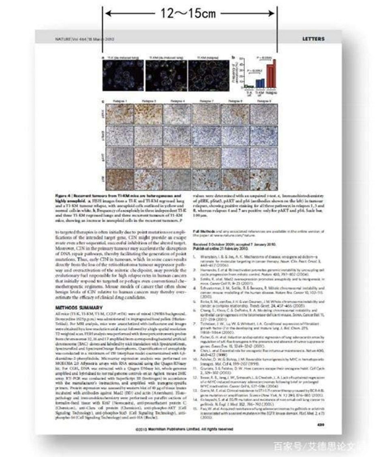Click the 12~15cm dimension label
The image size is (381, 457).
pos(188,13)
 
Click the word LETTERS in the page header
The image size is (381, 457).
pos(313,39)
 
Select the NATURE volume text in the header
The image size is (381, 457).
pos(84,39)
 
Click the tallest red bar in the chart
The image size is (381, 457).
pos(274,73)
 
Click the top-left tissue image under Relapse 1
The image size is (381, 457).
pos(118,114)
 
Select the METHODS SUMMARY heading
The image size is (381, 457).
pos(76,308)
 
